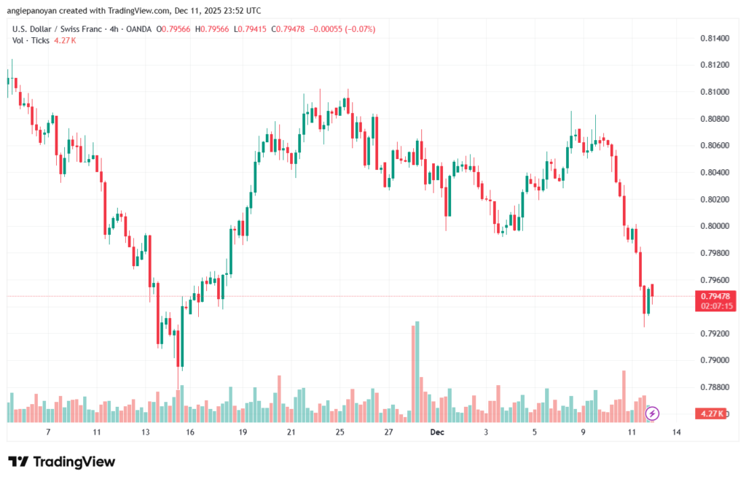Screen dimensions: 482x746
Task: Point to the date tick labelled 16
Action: [190, 432]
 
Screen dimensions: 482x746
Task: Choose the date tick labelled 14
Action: [677, 432]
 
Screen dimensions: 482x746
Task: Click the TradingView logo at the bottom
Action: [61, 462]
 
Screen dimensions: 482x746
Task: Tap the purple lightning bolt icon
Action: [653, 413]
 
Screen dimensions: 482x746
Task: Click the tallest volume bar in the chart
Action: [417, 372]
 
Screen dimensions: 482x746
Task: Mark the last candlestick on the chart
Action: [653, 290]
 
